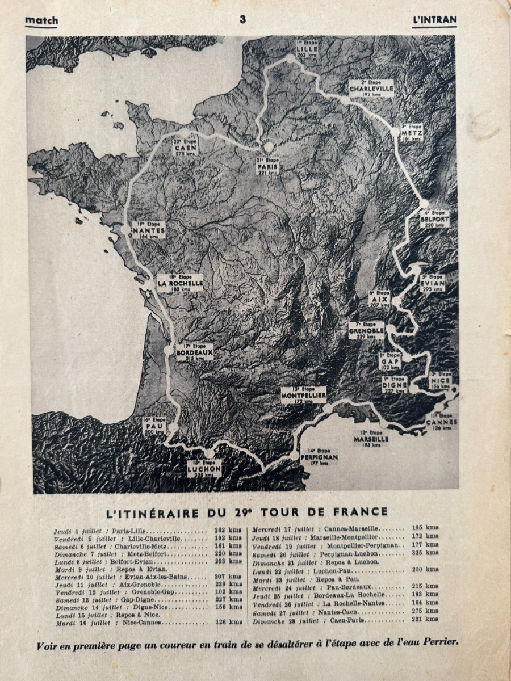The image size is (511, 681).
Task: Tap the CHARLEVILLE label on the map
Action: (371, 89)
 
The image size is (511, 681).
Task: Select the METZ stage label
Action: (412, 132)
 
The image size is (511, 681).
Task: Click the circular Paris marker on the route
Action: (268, 147)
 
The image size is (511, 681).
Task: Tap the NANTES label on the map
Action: (148, 230)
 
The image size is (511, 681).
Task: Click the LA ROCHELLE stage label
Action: (180, 283)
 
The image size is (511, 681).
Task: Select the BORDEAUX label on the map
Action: (195, 352)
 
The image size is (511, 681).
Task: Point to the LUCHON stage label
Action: (204, 469)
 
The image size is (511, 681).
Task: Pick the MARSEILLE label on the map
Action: (371, 439)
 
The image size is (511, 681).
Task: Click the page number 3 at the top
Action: (242, 19)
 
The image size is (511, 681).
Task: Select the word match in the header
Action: (41, 20)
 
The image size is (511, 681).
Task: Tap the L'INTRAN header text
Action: (434, 20)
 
